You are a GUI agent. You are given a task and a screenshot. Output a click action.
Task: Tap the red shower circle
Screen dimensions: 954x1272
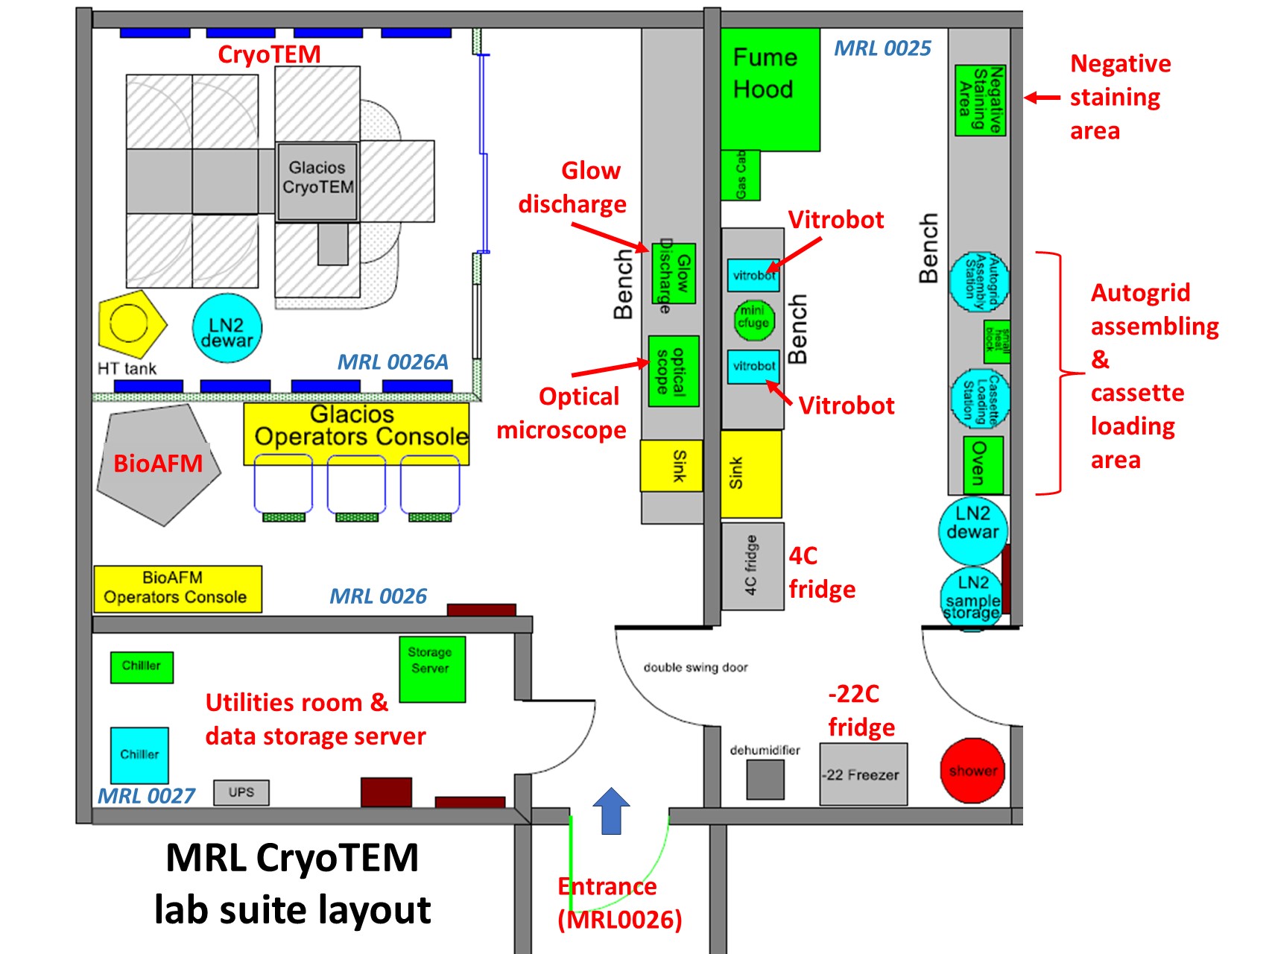click(x=972, y=771)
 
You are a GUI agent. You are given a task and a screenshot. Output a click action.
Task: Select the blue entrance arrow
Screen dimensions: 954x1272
click(x=611, y=811)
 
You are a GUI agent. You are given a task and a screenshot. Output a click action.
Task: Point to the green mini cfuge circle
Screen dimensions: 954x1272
click(x=753, y=319)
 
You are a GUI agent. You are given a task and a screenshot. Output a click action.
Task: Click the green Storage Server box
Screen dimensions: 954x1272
click(x=432, y=669)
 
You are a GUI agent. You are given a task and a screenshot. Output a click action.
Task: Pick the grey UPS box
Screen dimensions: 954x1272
click(x=241, y=792)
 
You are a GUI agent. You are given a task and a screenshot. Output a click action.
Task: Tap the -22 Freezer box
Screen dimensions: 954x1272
click(x=863, y=774)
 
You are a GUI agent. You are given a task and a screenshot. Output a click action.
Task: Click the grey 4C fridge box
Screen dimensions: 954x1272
click(x=752, y=566)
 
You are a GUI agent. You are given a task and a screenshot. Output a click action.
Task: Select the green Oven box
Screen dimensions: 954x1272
click(x=981, y=465)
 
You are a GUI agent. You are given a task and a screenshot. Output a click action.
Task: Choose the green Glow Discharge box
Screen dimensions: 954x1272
click(x=674, y=274)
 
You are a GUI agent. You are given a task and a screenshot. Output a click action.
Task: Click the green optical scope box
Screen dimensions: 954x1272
click(x=673, y=371)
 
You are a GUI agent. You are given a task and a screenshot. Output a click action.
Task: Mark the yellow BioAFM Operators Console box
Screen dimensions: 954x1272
click(x=177, y=589)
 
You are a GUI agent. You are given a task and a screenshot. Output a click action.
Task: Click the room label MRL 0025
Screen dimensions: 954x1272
click(x=882, y=48)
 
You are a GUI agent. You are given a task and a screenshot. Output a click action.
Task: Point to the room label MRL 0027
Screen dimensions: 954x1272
click(x=147, y=796)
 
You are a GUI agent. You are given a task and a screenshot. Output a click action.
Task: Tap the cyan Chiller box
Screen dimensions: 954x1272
click(x=139, y=755)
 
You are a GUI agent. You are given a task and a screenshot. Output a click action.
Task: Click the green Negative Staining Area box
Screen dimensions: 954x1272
click(x=980, y=101)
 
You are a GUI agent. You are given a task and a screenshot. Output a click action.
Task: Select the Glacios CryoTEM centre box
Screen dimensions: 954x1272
click(x=317, y=181)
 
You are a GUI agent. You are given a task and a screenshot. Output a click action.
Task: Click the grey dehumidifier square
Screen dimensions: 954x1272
click(x=765, y=780)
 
